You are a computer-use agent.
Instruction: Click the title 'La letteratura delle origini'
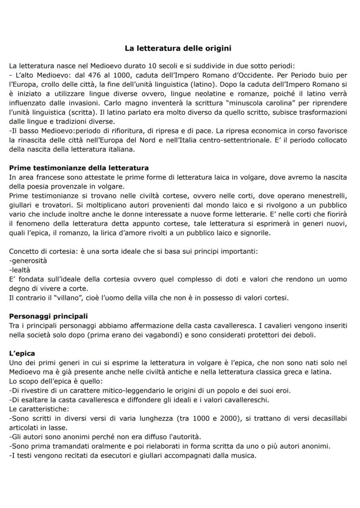pos(180,48)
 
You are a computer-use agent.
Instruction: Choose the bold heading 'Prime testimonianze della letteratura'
pos(79,167)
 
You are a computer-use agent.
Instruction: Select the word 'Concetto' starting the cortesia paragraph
pos(23,252)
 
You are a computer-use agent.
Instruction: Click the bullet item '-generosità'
pos(28,261)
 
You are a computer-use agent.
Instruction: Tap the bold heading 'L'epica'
pos(22,354)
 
